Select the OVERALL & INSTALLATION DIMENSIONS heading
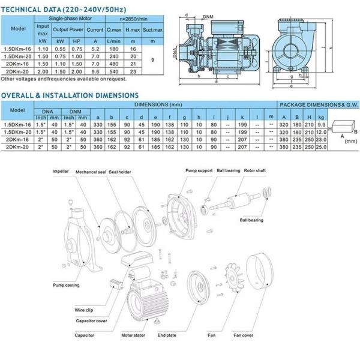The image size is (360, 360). click(70, 95)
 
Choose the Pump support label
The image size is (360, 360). click(199, 170)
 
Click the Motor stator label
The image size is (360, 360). click(135, 336)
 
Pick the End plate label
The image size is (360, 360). click(168, 336)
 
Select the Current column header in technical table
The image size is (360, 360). click(94, 28)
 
